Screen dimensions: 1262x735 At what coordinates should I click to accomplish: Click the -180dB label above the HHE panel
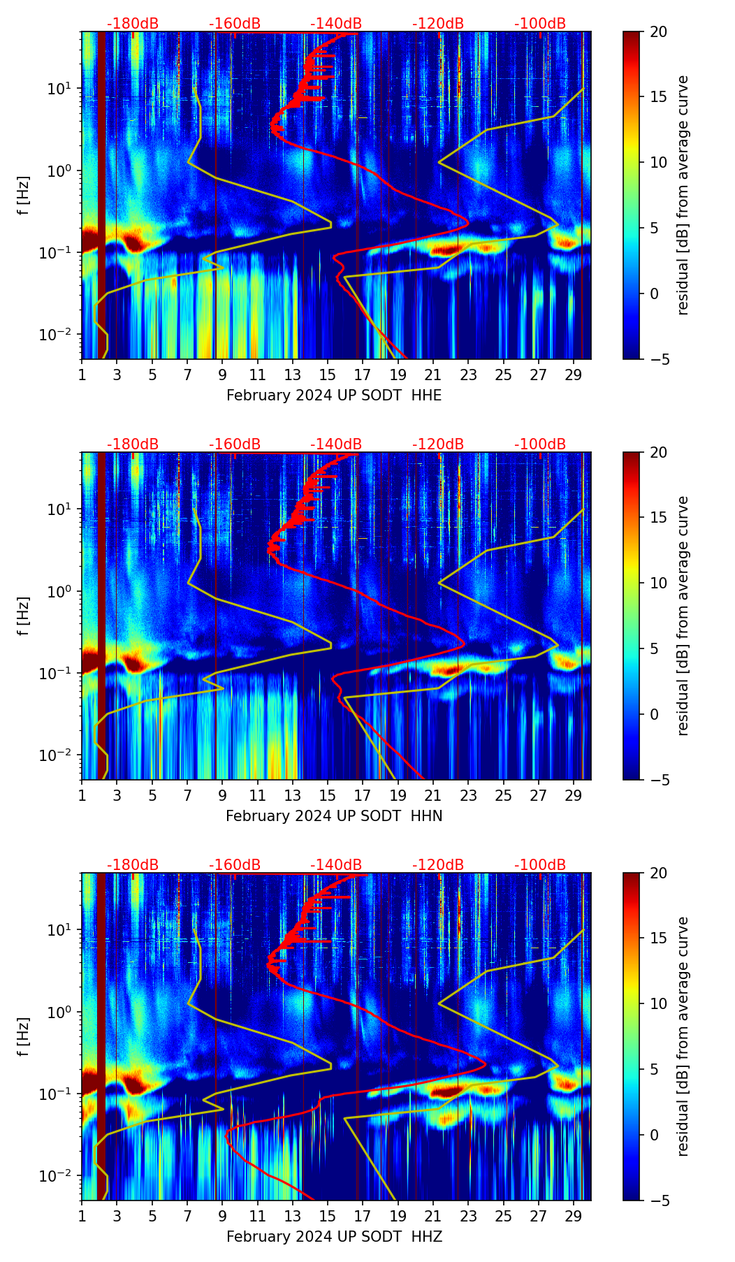coord(133,24)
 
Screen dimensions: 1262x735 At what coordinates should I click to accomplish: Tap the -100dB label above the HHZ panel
coord(540,865)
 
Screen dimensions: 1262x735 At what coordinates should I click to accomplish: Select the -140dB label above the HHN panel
coord(336,444)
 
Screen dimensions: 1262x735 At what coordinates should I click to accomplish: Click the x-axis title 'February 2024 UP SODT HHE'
coord(334,396)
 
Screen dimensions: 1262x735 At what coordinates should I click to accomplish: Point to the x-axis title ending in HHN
coord(334,816)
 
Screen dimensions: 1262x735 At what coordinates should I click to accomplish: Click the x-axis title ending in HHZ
coord(334,1237)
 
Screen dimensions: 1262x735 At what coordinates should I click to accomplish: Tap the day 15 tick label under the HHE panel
coord(328,375)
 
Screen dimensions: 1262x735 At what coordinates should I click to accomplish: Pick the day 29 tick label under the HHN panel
coord(574,796)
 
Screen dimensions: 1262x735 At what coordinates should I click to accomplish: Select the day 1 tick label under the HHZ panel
coord(82,1217)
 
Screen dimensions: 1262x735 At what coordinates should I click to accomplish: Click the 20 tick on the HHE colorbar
coord(659,31)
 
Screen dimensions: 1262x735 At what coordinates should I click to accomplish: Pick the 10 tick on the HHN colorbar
coord(659,583)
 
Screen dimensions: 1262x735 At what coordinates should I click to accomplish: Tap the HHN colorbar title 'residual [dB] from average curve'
coord(683,616)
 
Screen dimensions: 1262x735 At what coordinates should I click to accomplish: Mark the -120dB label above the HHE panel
coord(438,24)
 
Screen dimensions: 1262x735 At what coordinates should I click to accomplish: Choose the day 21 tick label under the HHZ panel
coord(433,1217)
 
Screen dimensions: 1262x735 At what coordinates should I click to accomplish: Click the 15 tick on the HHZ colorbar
coord(659,938)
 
